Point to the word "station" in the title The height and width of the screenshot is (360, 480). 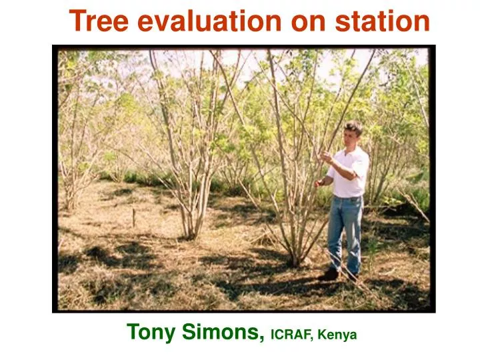[x=382, y=21]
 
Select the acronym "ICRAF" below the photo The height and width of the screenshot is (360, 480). [x=291, y=333]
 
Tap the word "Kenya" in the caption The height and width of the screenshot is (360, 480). [x=338, y=333]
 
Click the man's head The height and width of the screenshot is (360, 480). [x=352, y=131]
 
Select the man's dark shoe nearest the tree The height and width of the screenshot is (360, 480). [x=329, y=274]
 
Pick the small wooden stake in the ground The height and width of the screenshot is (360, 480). [x=133, y=217]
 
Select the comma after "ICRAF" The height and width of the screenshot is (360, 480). [x=314, y=338]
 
